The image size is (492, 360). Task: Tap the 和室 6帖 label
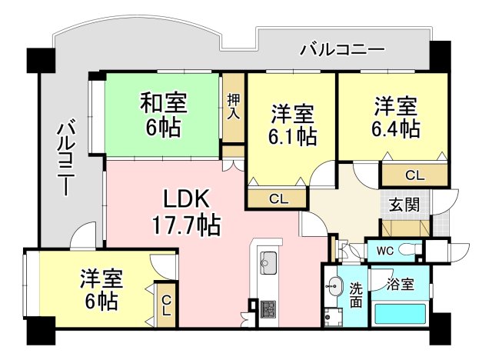[x=164, y=115]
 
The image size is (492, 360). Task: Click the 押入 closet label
[x=233, y=106]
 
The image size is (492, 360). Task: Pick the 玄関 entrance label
[x=404, y=205]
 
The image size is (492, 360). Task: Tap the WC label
[x=385, y=251]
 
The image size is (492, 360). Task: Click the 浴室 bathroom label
[x=400, y=285]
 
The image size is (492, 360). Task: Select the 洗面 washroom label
[x=356, y=295]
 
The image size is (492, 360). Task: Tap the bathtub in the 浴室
[x=400, y=314]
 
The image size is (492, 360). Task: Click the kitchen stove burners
[x=268, y=308]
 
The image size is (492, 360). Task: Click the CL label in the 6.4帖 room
[x=414, y=175]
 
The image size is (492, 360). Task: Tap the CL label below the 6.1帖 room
[x=278, y=199]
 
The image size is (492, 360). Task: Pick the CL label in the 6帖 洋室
[x=166, y=307]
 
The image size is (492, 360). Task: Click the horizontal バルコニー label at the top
[x=342, y=50]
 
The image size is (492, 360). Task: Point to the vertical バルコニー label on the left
[x=66, y=157]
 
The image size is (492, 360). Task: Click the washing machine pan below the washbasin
[x=334, y=318]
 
